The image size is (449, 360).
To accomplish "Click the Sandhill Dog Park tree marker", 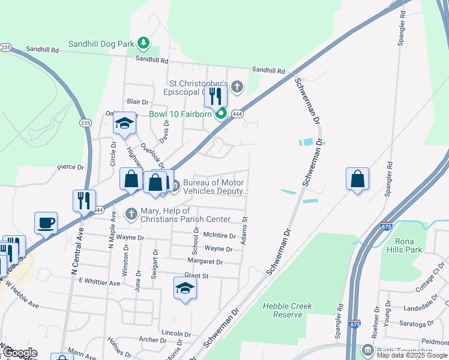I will [143, 43].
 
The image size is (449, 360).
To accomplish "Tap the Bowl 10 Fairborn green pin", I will [221, 113].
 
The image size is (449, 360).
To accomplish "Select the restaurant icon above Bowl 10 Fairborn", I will [215, 97].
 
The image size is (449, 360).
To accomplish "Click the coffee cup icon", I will [46, 223].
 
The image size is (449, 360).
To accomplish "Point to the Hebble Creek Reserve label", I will [288, 310].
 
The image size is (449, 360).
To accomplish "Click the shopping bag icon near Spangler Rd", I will [357, 179].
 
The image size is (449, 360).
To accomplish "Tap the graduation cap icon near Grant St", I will [185, 289].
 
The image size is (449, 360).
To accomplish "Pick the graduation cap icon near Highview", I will [124, 124].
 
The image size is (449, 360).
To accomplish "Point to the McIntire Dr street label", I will [219, 236].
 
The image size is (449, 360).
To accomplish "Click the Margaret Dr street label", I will [205, 262].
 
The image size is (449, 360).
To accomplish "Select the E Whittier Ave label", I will [100, 281].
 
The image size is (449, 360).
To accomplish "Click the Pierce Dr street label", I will [70, 167].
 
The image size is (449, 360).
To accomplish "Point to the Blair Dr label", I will [137, 102].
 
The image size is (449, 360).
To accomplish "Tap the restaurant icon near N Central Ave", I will [83, 200].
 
